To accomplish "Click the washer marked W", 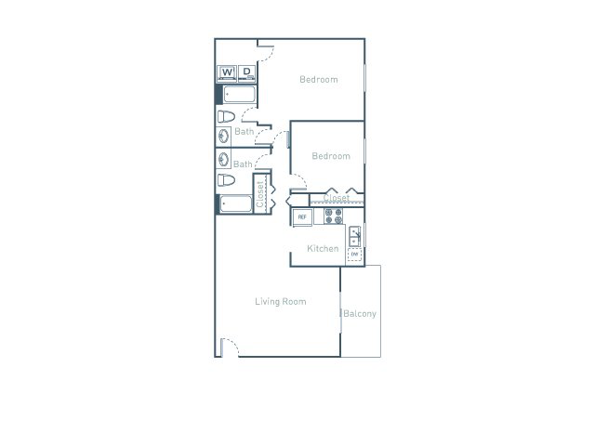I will (x=227, y=72).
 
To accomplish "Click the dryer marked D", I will (x=247, y=72).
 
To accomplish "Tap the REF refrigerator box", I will (x=301, y=216).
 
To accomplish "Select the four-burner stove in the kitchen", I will (x=334, y=216).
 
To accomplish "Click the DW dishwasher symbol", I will (x=354, y=254).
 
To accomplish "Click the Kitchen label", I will (x=323, y=249).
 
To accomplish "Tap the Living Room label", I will (x=281, y=302).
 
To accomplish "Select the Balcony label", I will (x=360, y=314).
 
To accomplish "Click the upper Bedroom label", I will (x=318, y=80).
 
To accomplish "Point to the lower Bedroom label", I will (x=330, y=156).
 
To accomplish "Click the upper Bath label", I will (x=244, y=132).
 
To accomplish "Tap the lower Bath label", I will (x=243, y=164).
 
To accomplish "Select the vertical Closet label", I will (x=259, y=192).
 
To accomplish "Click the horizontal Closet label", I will (x=336, y=198).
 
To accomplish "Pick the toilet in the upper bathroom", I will (x=225, y=117).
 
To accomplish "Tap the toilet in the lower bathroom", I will (x=225, y=180).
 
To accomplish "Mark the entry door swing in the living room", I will (x=230, y=348).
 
